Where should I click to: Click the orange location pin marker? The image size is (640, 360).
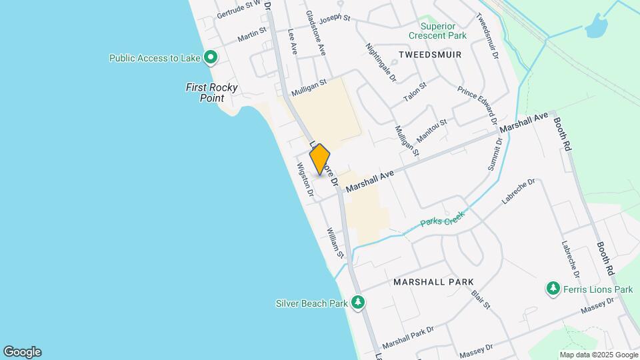(320, 159)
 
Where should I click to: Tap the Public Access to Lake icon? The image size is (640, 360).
(211, 58)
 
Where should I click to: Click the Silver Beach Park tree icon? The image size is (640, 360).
(359, 303)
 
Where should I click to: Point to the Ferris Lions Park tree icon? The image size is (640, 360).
(553, 289)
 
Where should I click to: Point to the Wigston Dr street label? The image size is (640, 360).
(305, 181)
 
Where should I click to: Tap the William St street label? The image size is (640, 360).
(335, 243)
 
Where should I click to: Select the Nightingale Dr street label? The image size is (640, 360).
(381, 63)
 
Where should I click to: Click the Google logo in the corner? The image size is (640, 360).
(22, 351)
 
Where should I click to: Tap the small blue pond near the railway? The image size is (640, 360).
(596, 29)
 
